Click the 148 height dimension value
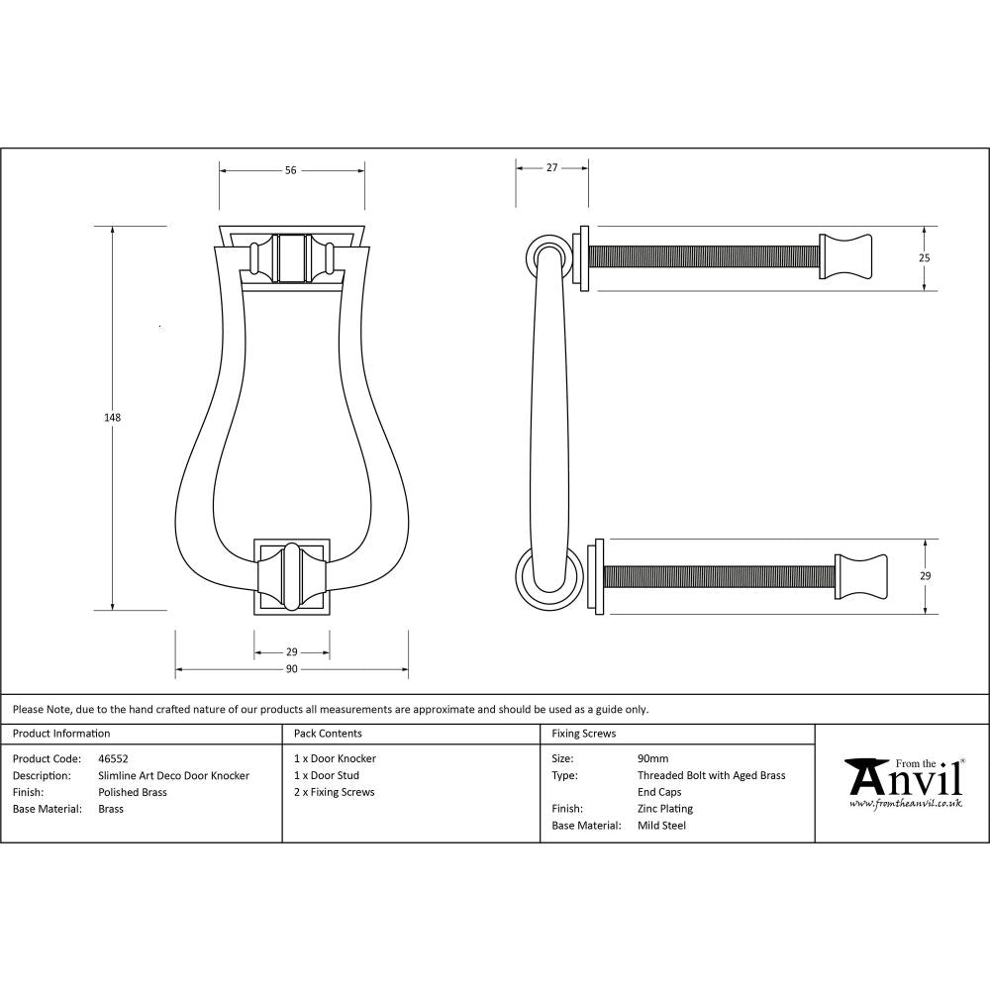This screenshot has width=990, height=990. (112, 418)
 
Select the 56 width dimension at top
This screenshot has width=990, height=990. (291, 170)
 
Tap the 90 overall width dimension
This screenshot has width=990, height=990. (292, 670)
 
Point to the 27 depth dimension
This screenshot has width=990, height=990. (552, 168)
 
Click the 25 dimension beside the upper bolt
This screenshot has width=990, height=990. (925, 257)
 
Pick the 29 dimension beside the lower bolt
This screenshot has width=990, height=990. (925, 575)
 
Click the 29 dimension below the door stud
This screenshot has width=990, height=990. (292, 652)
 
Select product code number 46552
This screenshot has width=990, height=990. (114, 759)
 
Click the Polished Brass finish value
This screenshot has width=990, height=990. (133, 792)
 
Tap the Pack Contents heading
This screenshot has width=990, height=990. (328, 734)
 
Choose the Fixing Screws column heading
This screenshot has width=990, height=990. (583, 734)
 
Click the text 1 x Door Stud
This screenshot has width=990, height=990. (327, 776)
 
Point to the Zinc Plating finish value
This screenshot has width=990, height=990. (664, 809)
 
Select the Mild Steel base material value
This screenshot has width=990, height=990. (661, 826)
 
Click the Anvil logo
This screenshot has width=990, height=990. (904, 781)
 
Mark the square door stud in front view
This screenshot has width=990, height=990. (292, 576)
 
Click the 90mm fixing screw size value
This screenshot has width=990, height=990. (652, 759)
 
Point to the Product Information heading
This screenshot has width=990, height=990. (61, 734)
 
